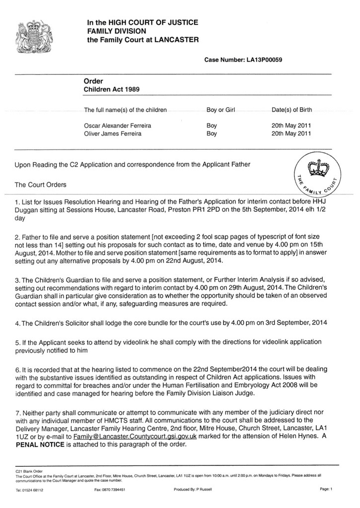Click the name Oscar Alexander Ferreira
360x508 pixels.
click(118, 126)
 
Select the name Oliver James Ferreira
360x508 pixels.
click(114, 134)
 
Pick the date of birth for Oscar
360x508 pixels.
click(291, 126)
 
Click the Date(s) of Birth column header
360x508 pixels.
click(292, 110)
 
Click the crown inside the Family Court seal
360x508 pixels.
click(316, 168)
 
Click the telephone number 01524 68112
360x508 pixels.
click(30, 490)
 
